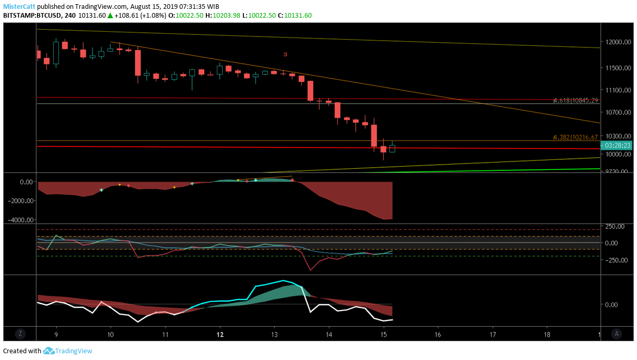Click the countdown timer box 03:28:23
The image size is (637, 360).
[617, 146]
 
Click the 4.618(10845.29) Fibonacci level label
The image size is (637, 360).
[575, 100]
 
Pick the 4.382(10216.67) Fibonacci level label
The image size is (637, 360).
[575, 138]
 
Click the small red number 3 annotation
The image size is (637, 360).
[285, 54]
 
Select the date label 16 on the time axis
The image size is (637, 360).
[438, 334]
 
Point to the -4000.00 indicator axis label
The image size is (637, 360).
[19, 220]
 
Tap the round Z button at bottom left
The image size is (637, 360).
[20, 333]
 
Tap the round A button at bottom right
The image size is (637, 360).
[617, 333]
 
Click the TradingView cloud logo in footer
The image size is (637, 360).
[49, 351]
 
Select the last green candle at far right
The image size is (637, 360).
[392, 148]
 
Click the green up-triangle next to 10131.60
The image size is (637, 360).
[110, 16]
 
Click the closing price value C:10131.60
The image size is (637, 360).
[295, 16]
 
